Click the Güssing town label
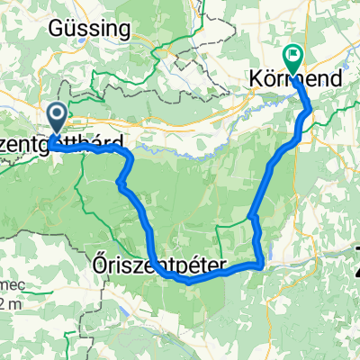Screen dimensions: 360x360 91,29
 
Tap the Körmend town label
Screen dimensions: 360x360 294,80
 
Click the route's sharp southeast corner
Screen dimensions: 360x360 261,265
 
